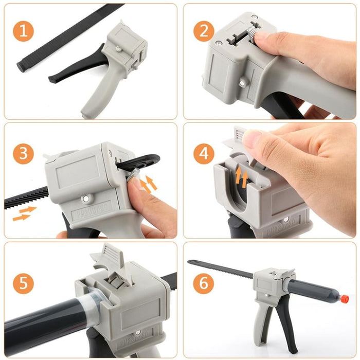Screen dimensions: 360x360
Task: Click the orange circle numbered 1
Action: point(23,31)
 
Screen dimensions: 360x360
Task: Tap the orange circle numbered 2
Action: point(204,31)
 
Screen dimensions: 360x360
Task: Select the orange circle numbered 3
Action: point(23,153)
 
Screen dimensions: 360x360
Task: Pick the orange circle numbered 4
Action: point(204,153)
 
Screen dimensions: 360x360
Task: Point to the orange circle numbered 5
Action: point(23,283)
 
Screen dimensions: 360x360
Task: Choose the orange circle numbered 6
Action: point(204,283)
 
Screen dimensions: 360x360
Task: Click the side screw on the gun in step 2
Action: point(242,81)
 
